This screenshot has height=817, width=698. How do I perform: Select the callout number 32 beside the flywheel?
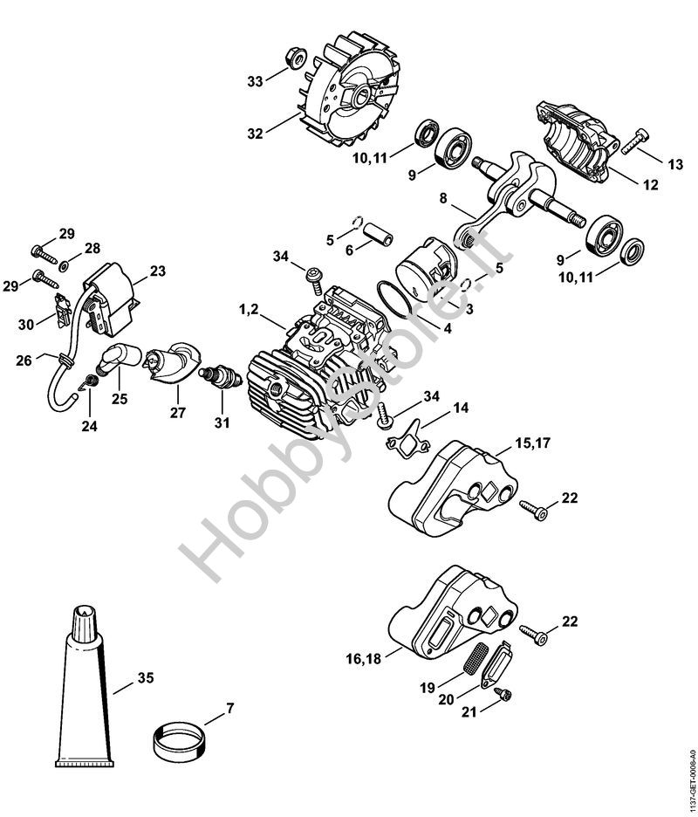tap(256, 134)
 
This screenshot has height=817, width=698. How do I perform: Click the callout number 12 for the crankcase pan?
tap(651, 184)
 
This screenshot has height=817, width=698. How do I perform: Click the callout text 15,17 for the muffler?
tap(532, 443)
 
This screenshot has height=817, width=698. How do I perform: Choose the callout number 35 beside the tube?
tap(146, 678)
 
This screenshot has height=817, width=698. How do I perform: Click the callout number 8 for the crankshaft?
tap(443, 198)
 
